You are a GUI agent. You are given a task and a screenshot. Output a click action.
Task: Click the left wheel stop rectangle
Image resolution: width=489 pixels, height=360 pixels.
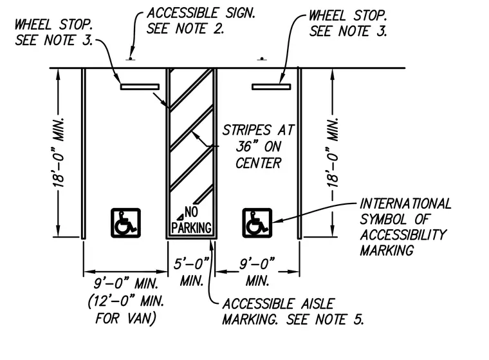point(140,87)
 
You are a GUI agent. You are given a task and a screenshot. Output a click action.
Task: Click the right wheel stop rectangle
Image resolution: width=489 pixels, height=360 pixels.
point(272,87)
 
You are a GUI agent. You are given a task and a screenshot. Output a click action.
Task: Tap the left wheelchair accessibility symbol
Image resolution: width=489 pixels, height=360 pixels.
point(125,223)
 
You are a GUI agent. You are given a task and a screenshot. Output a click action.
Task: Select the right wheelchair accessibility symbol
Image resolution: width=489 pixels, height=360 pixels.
point(257,223)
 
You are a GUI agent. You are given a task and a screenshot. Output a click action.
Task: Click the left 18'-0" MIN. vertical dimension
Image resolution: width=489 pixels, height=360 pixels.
point(59,153)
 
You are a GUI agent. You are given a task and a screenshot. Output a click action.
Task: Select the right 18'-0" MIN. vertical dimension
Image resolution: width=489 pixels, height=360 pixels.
point(333,153)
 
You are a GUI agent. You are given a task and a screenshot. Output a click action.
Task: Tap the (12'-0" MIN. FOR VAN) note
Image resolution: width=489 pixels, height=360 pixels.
point(125,310)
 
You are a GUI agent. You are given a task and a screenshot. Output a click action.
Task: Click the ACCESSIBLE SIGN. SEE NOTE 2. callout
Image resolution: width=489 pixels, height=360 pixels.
point(201,21)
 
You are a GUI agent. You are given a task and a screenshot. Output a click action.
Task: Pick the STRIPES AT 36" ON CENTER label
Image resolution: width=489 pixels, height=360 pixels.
point(258,146)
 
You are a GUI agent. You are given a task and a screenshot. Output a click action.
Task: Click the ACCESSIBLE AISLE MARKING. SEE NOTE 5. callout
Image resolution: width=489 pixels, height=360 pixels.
point(293,312)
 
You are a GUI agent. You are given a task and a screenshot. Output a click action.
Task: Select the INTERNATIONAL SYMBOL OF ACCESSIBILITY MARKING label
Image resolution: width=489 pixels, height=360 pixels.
point(405,227)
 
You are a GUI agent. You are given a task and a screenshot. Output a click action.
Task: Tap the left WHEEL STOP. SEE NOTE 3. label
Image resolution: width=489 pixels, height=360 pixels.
point(53,32)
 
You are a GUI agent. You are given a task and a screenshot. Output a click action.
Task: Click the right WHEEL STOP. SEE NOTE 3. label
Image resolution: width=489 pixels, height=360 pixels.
point(347,23)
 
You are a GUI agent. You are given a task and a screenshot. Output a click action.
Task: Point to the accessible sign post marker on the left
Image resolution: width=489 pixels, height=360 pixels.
point(131,59)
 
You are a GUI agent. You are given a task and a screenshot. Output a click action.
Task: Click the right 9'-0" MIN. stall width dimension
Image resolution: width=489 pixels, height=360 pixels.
point(257,271)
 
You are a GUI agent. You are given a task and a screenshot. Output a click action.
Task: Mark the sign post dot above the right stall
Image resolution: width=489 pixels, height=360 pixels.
point(262,59)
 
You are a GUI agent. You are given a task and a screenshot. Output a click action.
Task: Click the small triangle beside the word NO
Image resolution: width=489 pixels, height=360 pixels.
point(180,217)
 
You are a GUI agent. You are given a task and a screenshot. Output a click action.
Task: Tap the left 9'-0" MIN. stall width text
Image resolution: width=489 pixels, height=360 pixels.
point(125,284)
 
